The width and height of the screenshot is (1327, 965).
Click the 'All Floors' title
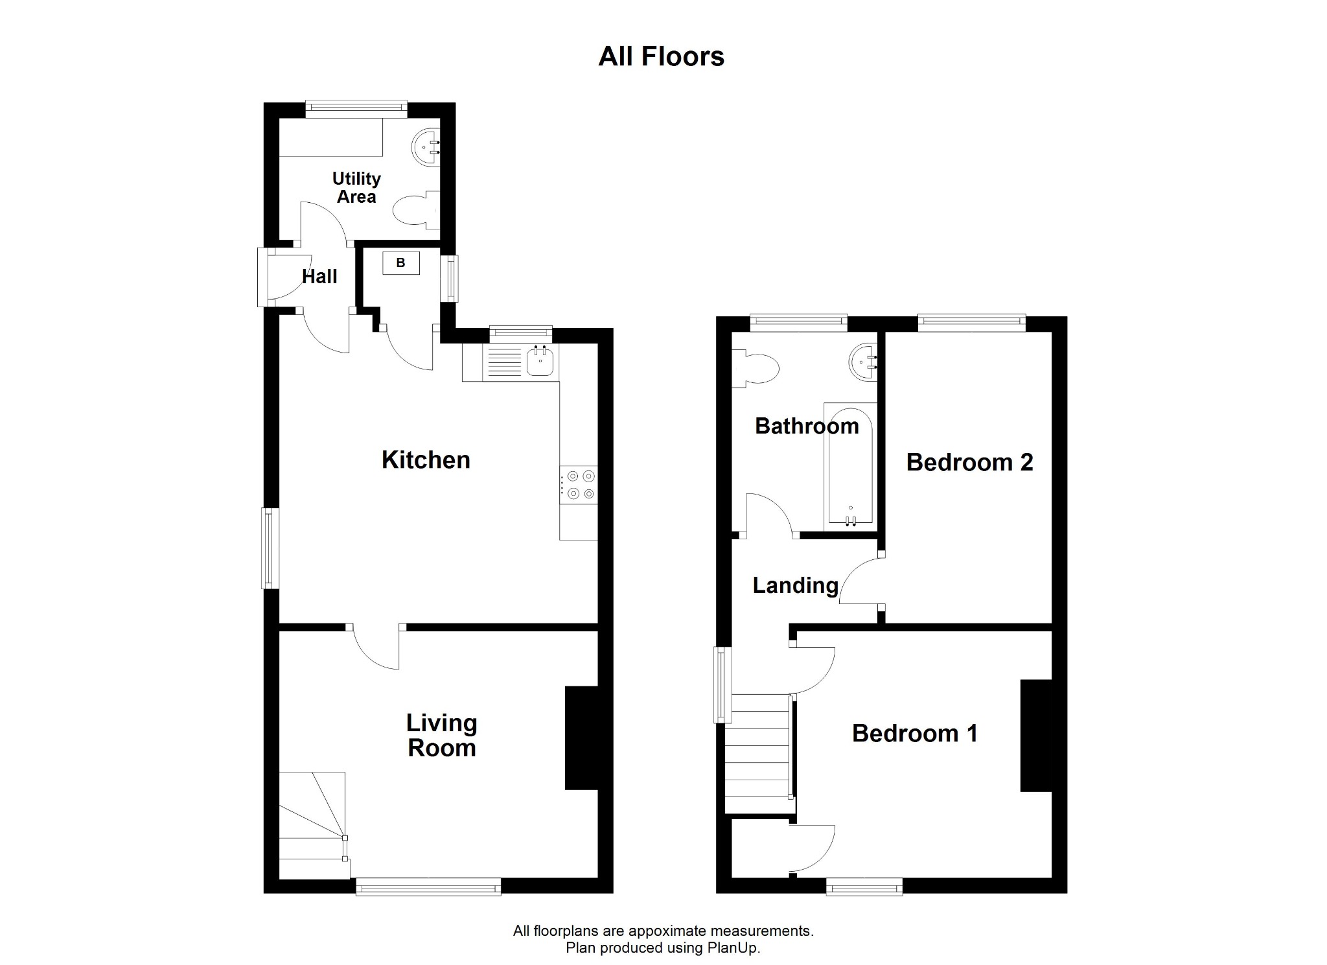click(x=661, y=56)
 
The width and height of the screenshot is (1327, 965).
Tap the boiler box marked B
click(x=400, y=263)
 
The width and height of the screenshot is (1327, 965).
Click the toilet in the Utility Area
click(x=415, y=209)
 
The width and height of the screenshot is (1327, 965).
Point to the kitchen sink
click(x=540, y=362)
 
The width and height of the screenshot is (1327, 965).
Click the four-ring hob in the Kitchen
click(x=579, y=485)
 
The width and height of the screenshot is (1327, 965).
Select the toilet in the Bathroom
click(x=756, y=370)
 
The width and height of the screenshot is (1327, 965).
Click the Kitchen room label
click(x=426, y=459)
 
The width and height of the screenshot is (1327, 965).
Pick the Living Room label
click(x=442, y=735)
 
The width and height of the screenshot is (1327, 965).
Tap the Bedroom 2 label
click(x=969, y=462)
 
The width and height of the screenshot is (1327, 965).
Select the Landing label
click(x=795, y=585)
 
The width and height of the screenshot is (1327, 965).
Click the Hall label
click(x=319, y=277)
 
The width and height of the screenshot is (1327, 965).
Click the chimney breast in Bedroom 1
click(x=1036, y=735)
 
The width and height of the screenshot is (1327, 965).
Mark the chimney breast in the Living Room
click(x=581, y=737)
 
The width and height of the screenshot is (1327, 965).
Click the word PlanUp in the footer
click(x=735, y=948)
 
